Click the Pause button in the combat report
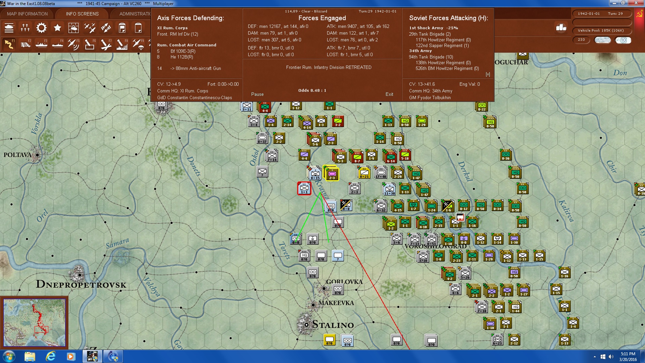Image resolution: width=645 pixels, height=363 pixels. pyautogui.click(x=257, y=94)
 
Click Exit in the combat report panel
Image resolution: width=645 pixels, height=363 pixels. pyautogui.click(x=389, y=94)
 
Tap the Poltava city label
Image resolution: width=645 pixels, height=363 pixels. pyautogui.click(x=17, y=155)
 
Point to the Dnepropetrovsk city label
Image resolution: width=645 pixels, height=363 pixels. pyautogui.click(x=81, y=285)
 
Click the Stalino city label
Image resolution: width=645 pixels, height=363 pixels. pyautogui.click(x=333, y=325)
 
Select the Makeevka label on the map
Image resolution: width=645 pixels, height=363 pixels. pyautogui.click(x=336, y=303)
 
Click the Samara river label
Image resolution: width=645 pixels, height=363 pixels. pyautogui.click(x=117, y=243)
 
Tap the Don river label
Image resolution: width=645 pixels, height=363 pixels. pyautogui.click(x=620, y=73)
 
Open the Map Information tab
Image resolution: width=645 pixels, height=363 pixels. pyautogui.click(x=27, y=14)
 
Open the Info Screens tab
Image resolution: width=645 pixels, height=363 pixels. pyautogui.click(x=82, y=14)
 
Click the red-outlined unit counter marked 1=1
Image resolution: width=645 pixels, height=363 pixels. pyautogui.click(x=304, y=189)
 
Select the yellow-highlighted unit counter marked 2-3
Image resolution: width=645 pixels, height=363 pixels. pyautogui.click(x=332, y=174)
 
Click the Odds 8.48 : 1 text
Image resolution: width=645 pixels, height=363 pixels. pyautogui.click(x=312, y=90)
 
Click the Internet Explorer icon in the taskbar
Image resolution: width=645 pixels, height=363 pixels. pyautogui.click(x=50, y=356)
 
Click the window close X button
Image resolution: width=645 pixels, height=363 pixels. pyautogui.click(x=636, y=3)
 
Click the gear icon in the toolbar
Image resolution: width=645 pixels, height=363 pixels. pyautogui.click(x=41, y=28)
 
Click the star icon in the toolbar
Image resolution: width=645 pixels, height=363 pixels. pyautogui.click(x=57, y=28)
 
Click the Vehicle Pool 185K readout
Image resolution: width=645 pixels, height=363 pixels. pyautogui.click(x=601, y=31)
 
